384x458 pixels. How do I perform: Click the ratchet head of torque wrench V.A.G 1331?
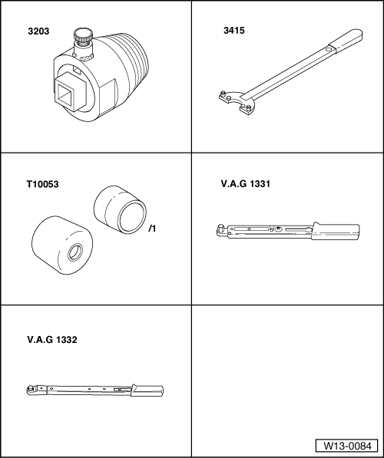(x=221, y=228)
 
